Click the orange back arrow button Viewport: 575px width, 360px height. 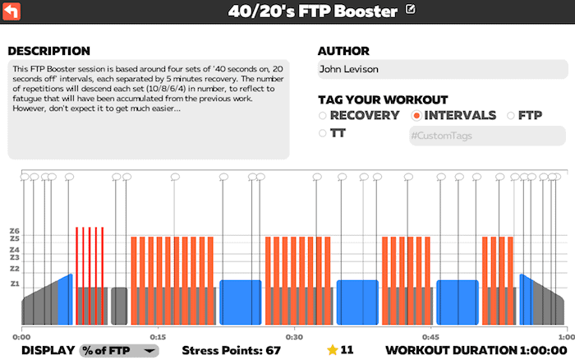[11, 11]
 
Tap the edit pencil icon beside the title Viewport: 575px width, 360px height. [411, 9]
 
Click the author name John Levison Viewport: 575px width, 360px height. [349, 69]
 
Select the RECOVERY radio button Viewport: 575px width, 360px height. [322, 116]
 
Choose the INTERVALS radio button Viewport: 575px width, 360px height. [416, 116]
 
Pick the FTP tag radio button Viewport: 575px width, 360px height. [510, 116]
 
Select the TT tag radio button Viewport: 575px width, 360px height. [322, 133]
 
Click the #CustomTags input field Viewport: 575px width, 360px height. [487, 136]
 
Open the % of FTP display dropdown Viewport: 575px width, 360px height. [119, 350]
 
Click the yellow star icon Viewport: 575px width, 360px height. [332, 349]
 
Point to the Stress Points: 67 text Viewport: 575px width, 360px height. [231, 350]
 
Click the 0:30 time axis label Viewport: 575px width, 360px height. [294, 337]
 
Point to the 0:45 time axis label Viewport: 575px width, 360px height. [430, 337]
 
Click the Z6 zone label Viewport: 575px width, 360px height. [14, 231]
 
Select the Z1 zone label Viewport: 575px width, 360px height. [14, 284]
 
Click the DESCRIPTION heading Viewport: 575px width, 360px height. [48, 51]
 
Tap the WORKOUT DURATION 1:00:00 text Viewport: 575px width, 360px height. [476, 350]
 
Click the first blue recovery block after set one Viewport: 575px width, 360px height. [241, 302]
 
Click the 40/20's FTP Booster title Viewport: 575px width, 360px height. [312, 12]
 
